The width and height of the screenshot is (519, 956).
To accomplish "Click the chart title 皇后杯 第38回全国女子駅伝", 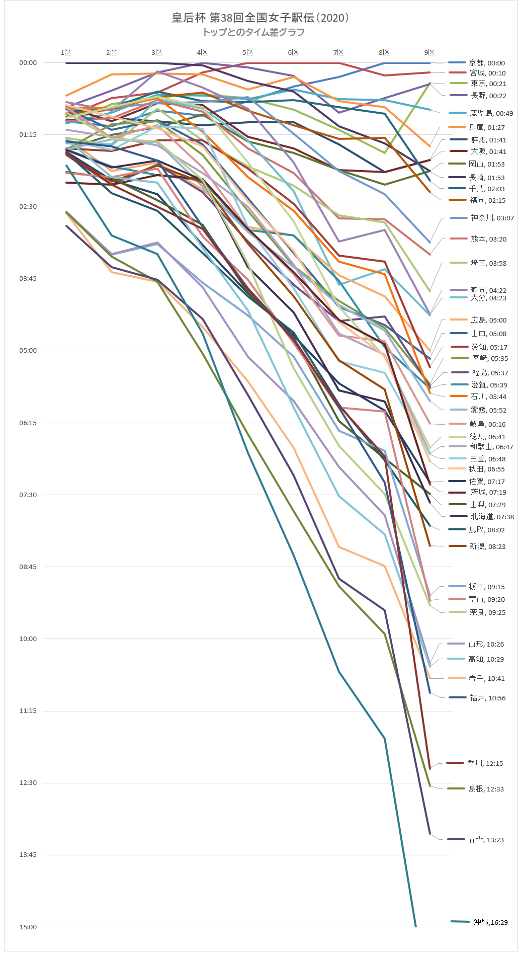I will tap(260, 18).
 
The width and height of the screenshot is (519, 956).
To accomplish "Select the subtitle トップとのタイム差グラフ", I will tap(253, 32).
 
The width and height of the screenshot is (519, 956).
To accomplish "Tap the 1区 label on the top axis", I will tap(66, 52).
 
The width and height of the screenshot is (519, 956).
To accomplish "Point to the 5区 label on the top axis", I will tap(247, 52).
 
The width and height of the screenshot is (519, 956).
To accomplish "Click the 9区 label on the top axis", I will tap(429, 52).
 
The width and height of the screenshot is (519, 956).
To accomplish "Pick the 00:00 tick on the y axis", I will tap(28, 63).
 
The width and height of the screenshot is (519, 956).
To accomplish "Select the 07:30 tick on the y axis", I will tap(28, 495).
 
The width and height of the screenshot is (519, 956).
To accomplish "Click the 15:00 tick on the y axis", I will tap(28, 927).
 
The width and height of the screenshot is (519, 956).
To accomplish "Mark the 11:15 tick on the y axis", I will tap(28, 710).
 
